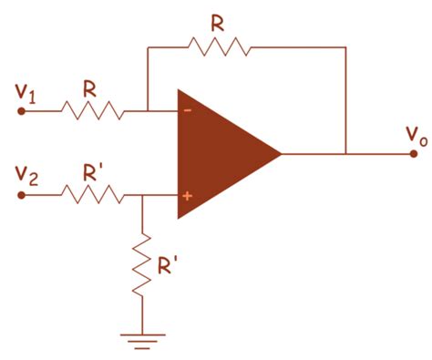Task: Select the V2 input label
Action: click(26, 173)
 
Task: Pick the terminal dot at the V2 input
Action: click(22, 193)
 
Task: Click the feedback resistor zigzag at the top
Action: click(218, 46)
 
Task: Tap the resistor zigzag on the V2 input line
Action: click(92, 193)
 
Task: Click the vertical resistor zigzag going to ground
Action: click(142, 264)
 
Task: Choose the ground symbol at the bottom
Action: click(142, 341)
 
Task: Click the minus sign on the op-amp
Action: click(187, 112)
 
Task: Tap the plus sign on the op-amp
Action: click(187, 194)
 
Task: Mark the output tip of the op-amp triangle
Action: click(281, 153)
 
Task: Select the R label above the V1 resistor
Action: click(89, 89)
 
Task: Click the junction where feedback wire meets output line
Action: click(346, 153)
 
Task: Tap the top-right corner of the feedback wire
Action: click(346, 46)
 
